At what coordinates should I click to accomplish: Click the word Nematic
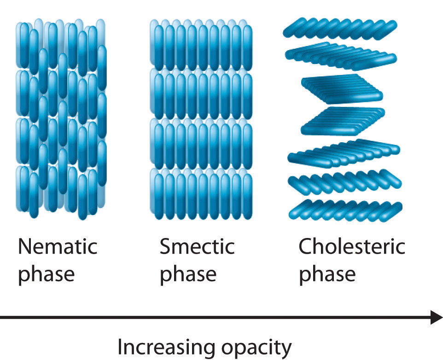(58, 247)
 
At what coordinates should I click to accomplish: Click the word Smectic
(197, 247)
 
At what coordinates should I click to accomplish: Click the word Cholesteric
(352, 247)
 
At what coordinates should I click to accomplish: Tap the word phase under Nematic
(46, 274)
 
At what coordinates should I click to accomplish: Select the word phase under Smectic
(188, 274)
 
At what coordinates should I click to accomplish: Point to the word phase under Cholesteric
(327, 274)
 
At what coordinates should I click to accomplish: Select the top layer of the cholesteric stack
(339, 29)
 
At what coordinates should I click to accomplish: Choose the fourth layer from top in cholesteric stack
(343, 120)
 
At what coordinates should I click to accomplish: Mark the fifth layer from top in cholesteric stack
(344, 152)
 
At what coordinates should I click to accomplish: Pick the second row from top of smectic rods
(201, 94)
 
